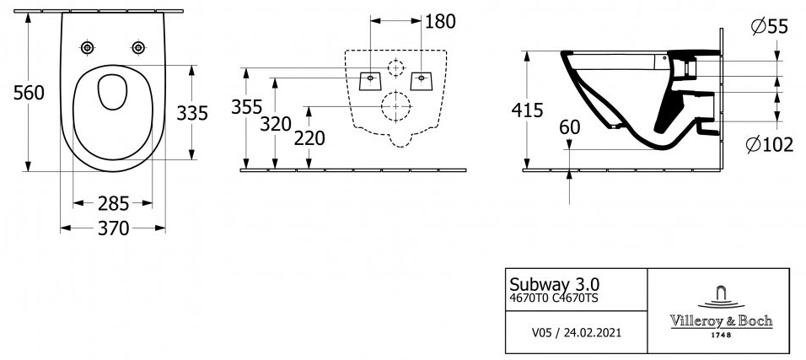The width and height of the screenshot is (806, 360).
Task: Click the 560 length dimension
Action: (x=29, y=93)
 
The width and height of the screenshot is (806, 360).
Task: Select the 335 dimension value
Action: (x=192, y=113)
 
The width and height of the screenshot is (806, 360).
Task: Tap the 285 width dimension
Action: (x=113, y=204)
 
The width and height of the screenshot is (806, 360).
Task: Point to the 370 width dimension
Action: (x=113, y=228)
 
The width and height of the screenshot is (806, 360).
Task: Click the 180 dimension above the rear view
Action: (x=441, y=22)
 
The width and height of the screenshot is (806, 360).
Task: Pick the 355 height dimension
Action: (x=247, y=107)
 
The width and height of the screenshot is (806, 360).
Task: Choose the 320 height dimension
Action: (x=276, y=124)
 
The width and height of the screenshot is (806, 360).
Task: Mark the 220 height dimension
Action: (x=309, y=138)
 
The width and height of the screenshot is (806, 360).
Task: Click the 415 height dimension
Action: (x=528, y=110)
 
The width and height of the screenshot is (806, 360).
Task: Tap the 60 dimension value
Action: (x=570, y=127)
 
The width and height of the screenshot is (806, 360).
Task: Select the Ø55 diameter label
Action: (x=769, y=25)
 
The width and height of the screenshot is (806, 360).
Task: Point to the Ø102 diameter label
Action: (x=770, y=146)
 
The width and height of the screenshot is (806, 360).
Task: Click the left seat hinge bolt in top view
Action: (x=88, y=48)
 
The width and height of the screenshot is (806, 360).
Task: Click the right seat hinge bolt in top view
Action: (x=138, y=48)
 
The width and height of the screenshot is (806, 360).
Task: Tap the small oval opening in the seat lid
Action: (x=113, y=92)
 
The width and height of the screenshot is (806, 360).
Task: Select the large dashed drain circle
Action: (x=396, y=92)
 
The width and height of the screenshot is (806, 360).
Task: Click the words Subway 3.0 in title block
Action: (x=554, y=283)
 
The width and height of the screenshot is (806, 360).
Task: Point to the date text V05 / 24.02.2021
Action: (x=576, y=333)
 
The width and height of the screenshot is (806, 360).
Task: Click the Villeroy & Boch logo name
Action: (x=721, y=321)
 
